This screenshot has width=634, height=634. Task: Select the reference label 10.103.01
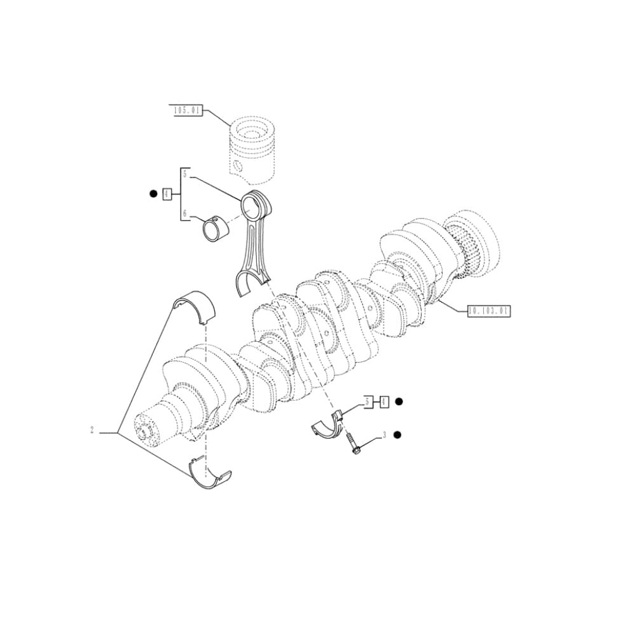488,311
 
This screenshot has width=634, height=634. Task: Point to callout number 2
92,432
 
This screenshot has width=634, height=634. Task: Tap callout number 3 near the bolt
384,435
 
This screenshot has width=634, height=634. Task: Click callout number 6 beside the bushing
185,214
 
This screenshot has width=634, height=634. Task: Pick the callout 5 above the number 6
185,174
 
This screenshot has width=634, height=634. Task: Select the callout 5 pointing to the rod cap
367,401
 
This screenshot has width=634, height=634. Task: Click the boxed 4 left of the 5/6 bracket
167,194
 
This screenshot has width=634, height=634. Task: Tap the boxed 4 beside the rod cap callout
384,401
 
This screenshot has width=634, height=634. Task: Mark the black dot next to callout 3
398,434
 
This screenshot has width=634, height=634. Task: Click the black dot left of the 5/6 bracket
153,194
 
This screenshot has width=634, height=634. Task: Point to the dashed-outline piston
252,149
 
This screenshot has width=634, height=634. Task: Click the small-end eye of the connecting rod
256,204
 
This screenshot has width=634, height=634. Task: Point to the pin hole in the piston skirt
237,167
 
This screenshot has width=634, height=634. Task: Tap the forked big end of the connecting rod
249,283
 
